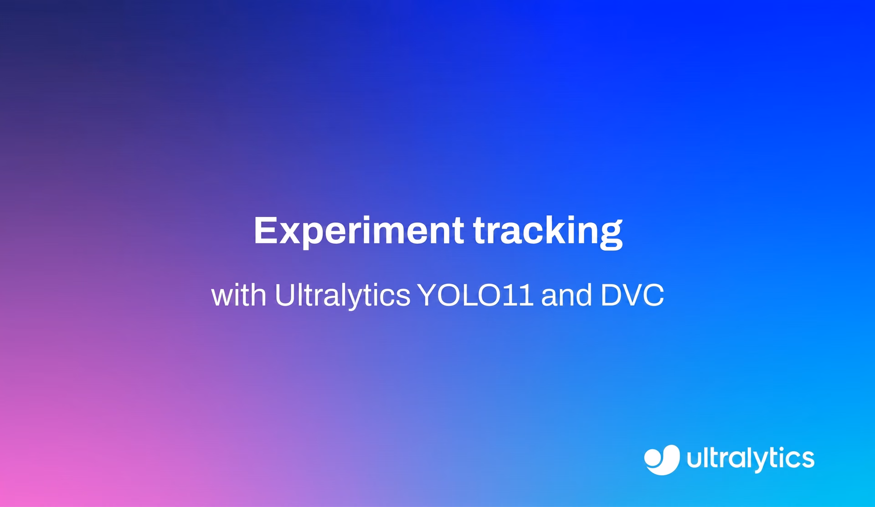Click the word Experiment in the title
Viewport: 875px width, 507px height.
point(359,231)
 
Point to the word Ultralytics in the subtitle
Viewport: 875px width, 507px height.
point(343,295)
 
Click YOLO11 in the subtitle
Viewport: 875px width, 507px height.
point(476,295)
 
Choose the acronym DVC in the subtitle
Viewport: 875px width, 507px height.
point(632,295)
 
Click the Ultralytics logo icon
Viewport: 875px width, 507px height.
point(662,460)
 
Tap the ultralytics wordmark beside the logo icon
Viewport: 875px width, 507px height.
point(751,459)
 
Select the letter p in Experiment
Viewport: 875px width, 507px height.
point(314,236)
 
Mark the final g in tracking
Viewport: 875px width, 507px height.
point(611,237)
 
